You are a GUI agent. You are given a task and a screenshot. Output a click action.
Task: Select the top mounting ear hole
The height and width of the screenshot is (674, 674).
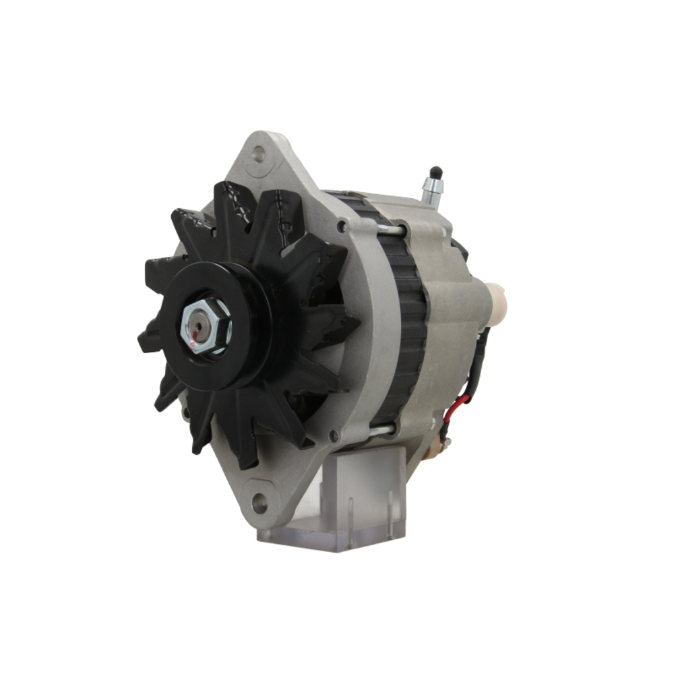(257, 154)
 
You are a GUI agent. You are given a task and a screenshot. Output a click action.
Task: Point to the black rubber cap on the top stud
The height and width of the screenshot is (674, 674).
(436, 173)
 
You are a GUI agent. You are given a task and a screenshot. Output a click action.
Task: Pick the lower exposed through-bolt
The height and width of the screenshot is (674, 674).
(384, 430)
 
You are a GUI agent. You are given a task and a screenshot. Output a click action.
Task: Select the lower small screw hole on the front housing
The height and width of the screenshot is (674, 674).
(333, 436)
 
